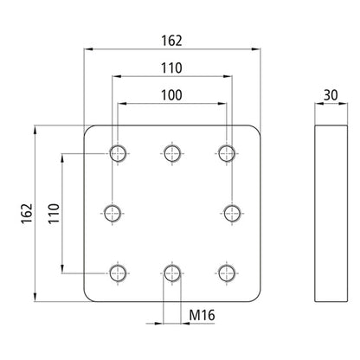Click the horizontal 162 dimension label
pos(171,41)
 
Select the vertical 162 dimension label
pos(27,214)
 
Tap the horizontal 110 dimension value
pos(171,68)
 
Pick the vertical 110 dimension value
pos(54,214)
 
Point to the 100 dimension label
pos(171,95)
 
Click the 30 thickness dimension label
pos(331,95)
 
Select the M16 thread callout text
pos(202,315)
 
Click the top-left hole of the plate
pos(118,153)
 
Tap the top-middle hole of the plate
pos(172,153)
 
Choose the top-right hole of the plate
pos(227,153)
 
